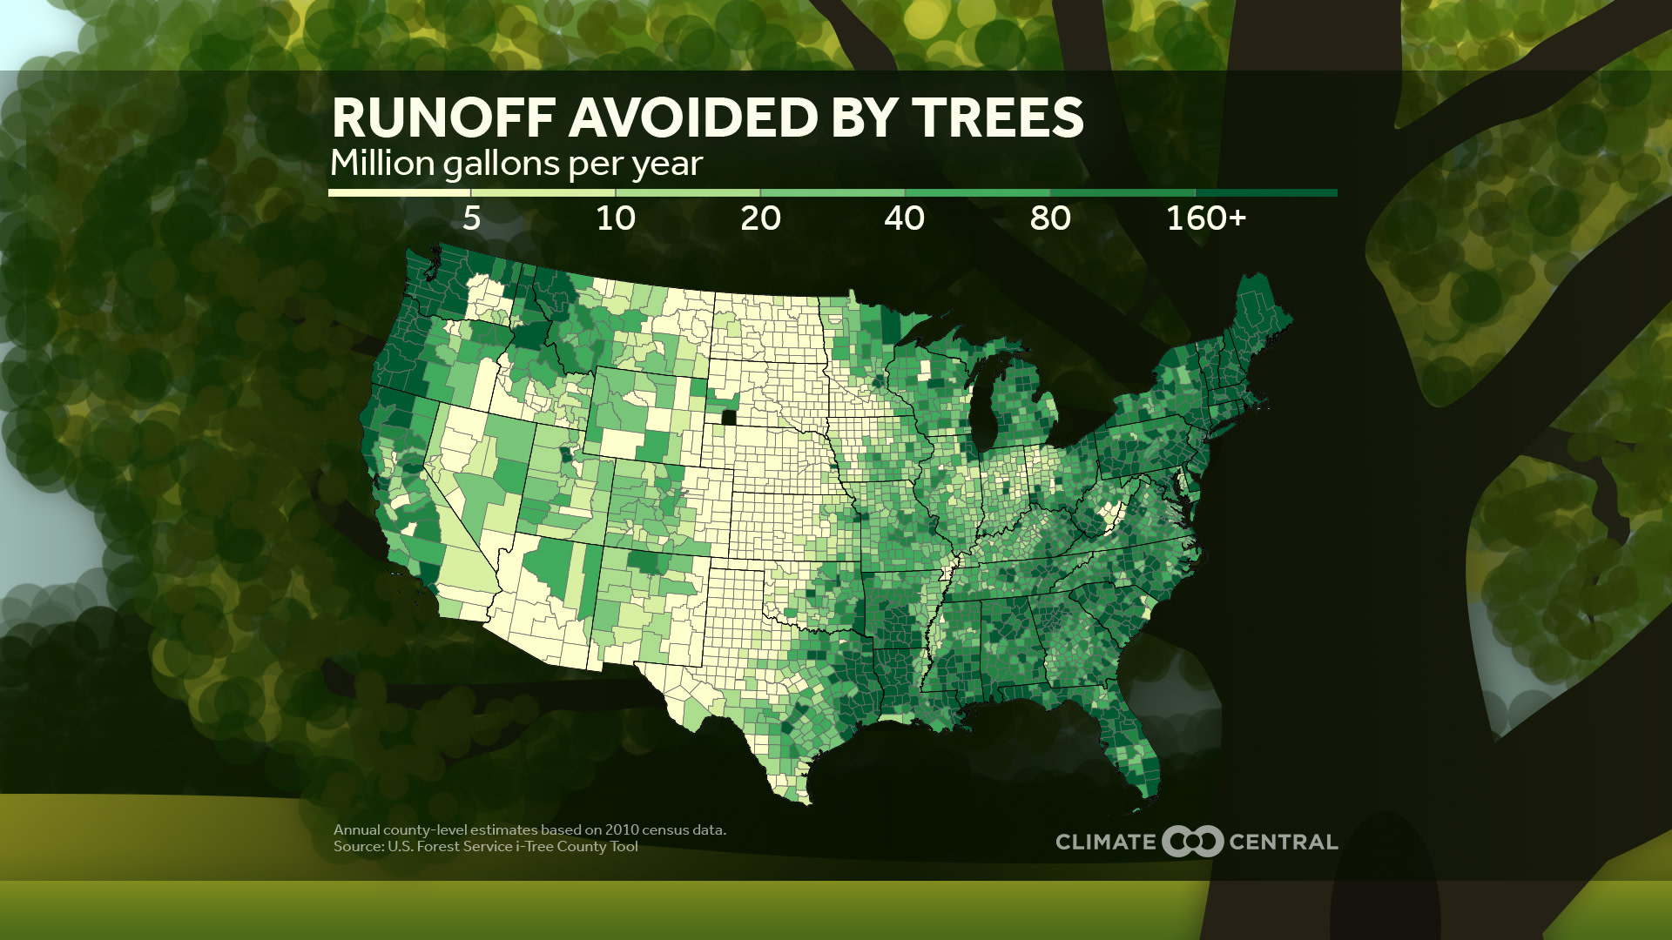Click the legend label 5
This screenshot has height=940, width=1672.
471,218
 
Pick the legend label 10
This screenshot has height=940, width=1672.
616,218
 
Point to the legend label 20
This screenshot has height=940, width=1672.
760,218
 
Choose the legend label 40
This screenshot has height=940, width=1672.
904,218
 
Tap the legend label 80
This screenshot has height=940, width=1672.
1049,218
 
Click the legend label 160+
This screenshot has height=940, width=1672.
1206,218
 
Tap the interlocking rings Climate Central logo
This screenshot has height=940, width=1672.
1192,842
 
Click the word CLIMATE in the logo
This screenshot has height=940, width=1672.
1105,842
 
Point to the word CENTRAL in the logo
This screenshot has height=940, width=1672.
1283,842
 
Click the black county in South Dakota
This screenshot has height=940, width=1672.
729,417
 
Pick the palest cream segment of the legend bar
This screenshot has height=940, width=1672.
399,193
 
